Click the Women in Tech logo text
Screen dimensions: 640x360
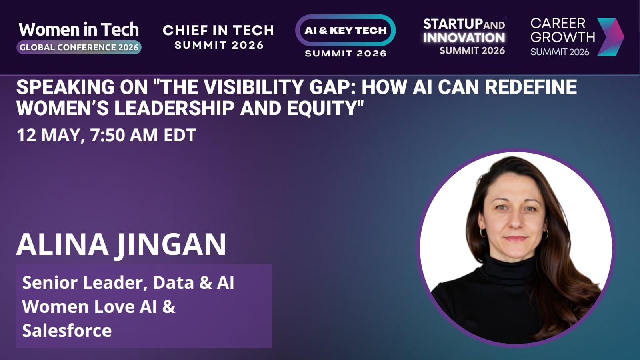point(78,29)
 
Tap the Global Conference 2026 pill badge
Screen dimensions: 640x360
point(79,48)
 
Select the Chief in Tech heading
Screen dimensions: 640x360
point(218,30)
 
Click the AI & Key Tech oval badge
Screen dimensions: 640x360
point(346,30)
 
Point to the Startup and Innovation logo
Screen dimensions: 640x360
point(464,36)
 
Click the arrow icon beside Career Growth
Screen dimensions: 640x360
point(610,37)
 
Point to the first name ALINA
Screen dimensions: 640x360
point(62,244)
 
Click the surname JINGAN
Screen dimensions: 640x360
point(170,246)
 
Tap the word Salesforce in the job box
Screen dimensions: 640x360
point(67,330)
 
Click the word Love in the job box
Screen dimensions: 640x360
point(114,306)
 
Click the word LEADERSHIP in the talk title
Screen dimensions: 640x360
point(174,108)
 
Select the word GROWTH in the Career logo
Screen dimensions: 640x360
point(563,37)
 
